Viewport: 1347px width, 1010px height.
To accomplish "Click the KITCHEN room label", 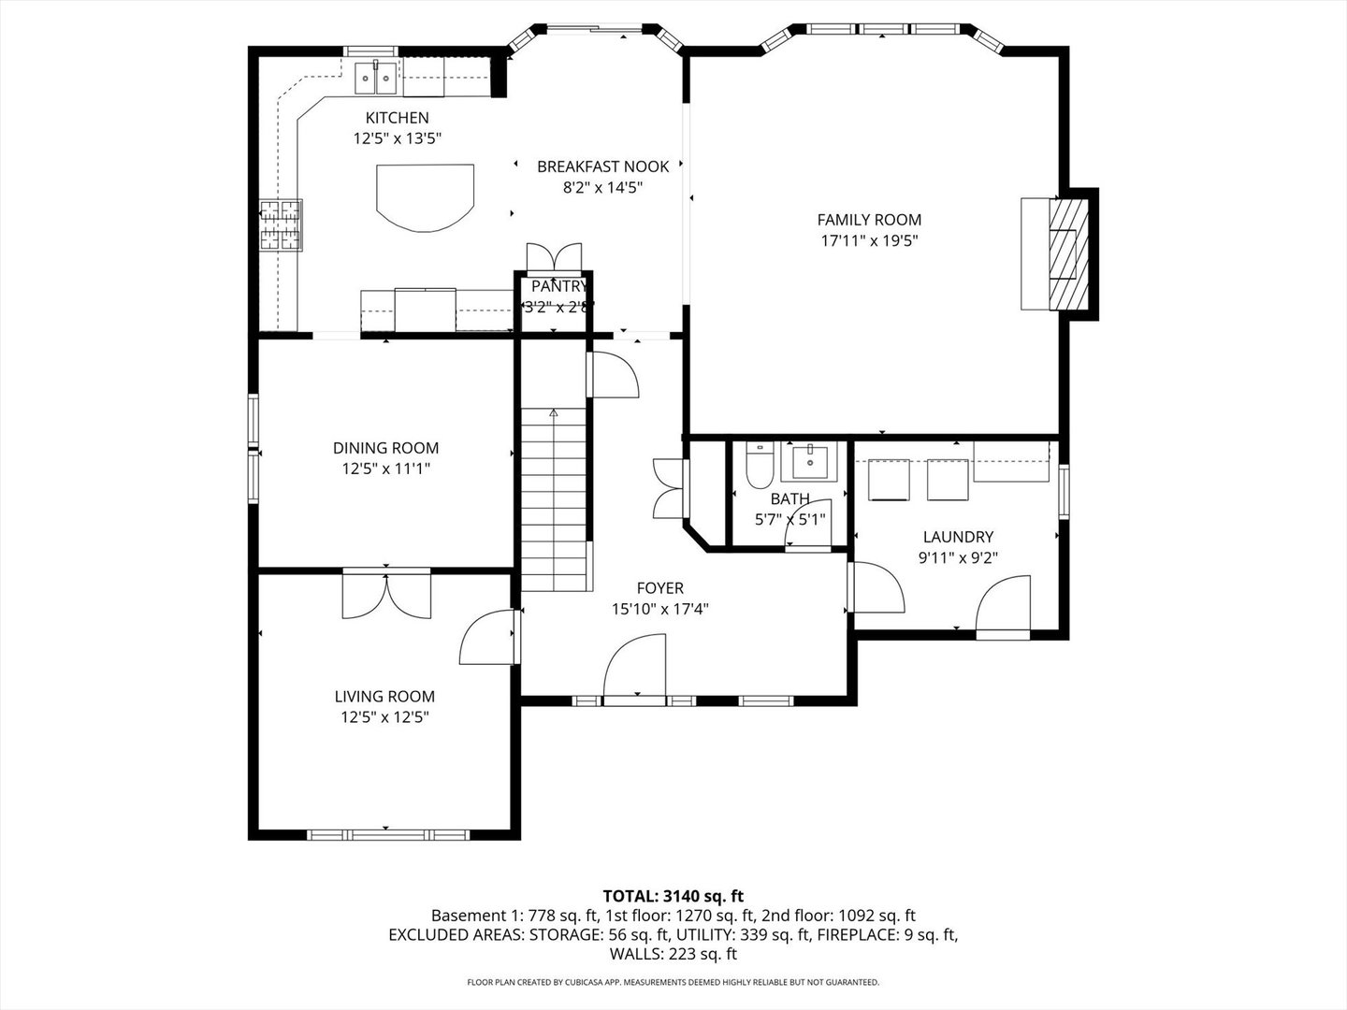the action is (x=397, y=118).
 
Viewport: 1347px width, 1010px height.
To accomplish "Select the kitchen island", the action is (x=426, y=197).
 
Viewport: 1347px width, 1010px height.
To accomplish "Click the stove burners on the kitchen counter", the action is (x=281, y=225).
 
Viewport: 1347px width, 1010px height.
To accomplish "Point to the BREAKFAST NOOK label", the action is (x=602, y=166).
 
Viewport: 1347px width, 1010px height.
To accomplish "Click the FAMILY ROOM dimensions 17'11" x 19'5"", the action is (x=869, y=240).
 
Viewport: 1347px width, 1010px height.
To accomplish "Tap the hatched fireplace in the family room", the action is (x=1068, y=253).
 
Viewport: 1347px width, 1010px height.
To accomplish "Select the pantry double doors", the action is (x=554, y=257).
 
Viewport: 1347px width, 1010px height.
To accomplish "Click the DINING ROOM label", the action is (x=385, y=448).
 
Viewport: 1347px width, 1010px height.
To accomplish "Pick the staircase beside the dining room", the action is (x=554, y=499).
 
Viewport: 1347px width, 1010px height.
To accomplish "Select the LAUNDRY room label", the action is (x=958, y=537).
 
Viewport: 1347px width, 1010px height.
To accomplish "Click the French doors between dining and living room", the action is (x=386, y=594).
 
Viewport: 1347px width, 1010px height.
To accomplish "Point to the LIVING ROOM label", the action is (x=384, y=696).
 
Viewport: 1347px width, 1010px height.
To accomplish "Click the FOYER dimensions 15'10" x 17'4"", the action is (x=660, y=609).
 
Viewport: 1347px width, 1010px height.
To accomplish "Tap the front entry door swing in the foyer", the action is (x=634, y=667).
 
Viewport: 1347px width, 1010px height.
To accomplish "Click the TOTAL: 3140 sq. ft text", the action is (x=673, y=897).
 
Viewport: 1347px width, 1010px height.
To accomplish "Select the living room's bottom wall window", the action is (x=388, y=834).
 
